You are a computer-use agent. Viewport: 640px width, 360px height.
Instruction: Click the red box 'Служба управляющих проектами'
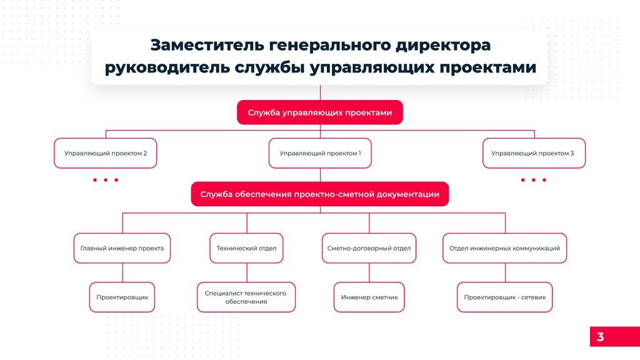[x=319, y=113]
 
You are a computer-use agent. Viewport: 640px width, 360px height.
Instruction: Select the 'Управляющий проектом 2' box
[x=106, y=153]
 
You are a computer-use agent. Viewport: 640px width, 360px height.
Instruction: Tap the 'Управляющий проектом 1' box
[x=320, y=153]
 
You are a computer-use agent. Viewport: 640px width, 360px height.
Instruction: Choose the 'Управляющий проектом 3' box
[x=534, y=153]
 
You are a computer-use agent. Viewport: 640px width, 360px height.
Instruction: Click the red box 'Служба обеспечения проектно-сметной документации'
[x=319, y=194]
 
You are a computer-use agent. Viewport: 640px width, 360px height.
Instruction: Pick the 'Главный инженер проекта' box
[x=122, y=248]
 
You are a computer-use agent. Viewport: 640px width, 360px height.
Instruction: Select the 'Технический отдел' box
[x=246, y=248]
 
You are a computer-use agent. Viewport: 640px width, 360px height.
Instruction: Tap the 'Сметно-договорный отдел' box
[x=369, y=248]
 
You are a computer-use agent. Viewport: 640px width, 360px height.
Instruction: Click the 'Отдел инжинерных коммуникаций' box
[x=504, y=248]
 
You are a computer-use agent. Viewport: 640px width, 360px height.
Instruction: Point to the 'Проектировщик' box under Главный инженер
[x=122, y=297]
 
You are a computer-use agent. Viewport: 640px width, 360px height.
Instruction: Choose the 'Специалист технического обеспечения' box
[x=246, y=297]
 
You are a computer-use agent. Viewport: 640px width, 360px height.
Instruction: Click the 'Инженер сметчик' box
[x=369, y=297]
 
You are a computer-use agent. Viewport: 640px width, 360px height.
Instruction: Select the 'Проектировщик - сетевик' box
[x=504, y=297]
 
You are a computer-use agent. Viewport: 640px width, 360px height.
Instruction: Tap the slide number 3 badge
[x=600, y=337]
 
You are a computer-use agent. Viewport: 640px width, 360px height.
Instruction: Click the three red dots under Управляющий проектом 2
[x=106, y=180]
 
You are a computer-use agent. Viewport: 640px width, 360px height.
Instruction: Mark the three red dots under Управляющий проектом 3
[x=534, y=180]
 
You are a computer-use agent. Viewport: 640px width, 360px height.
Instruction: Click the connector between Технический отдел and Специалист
[x=246, y=272]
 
